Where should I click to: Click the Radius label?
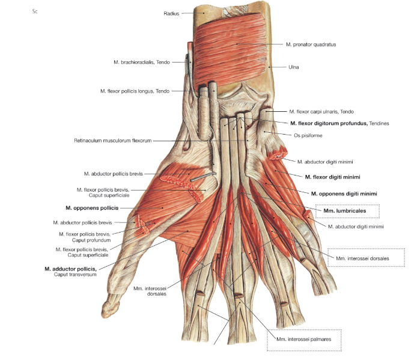click(x=171, y=13)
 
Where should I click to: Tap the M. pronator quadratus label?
click(x=311, y=44)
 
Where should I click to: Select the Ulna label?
click(x=294, y=67)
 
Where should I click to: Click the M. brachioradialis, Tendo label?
click(x=142, y=62)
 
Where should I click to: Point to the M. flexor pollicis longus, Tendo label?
click(x=135, y=91)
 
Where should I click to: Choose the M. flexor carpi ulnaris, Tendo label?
click(x=321, y=111)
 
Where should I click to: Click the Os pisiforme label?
click(x=308, y=135)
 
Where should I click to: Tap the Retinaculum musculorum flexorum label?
click(x=113, y=141)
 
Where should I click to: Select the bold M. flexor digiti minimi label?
click(x=332, y=177)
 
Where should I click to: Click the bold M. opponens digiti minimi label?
click(x=344, y=194)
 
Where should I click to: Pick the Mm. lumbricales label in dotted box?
click(x=344, y=210)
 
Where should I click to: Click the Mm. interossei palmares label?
click(x=304, y=339)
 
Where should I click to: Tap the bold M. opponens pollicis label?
click(x=92, y=208)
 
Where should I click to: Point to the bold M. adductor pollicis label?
click(x=70, y=269)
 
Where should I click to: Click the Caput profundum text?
click(x=91, y=240)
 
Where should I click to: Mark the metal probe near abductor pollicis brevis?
click(x=203, y=177)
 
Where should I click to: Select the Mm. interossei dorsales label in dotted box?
click(x=362, y=258)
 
